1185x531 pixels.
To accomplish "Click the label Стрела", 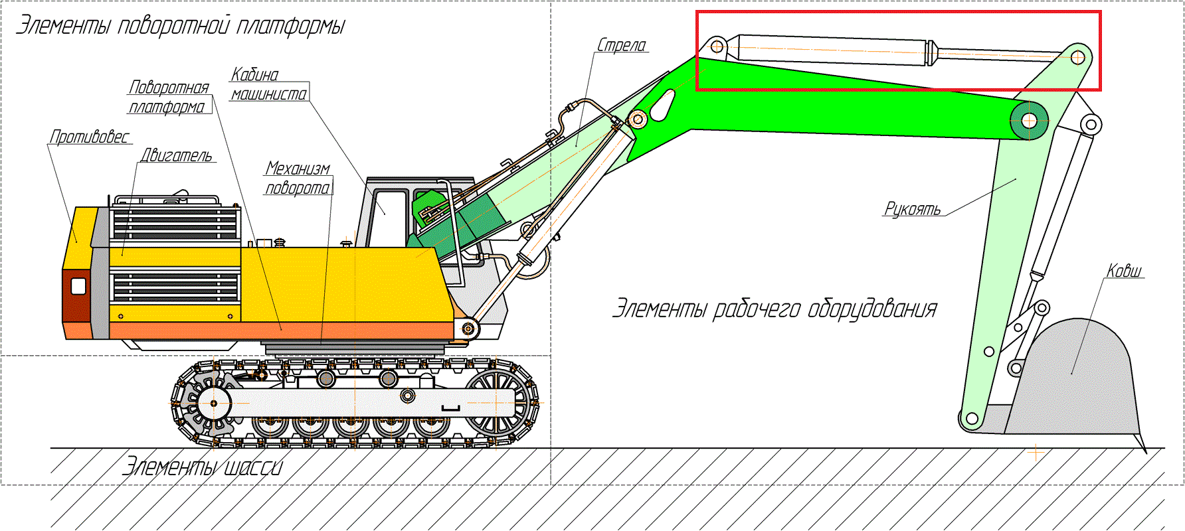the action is tap(622, 45).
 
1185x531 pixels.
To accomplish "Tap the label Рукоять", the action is tap(913, 208).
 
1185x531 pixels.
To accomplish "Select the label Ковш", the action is tap(1124, 270).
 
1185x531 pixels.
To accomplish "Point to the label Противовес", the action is tap(90, 136).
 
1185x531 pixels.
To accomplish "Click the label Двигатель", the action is tap(177, 155).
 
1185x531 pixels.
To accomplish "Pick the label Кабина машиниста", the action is tap(268, 84).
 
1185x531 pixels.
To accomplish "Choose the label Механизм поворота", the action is tap(298, 178).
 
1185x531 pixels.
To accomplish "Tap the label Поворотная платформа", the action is tap(169, 97).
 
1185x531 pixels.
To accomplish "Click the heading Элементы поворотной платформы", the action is tap(181, 26).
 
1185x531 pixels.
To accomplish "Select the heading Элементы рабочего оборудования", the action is tap(775, 309).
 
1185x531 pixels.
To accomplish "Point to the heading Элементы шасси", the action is tap(203, 466).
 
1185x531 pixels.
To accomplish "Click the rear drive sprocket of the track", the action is tap(214, 403).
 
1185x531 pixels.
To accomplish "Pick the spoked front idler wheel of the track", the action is tap(498, 402).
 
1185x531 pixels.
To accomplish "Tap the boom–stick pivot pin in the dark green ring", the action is tap(1029, 121).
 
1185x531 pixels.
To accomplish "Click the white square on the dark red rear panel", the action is tap(78, 286).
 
